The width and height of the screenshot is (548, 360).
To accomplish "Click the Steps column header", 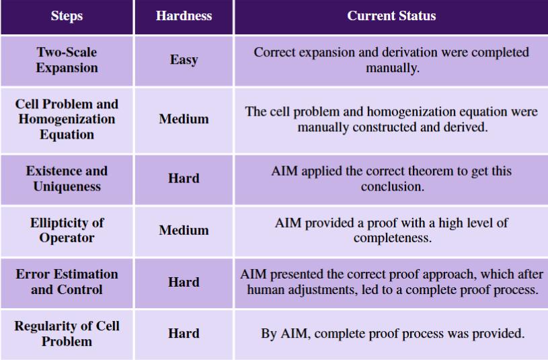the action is click(x=67, y=15).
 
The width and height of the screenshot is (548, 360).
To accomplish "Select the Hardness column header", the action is click(x=184, y=15).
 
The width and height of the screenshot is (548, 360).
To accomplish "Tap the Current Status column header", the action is click(x=391, y=15).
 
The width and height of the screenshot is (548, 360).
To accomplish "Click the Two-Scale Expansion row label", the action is click(x=67, y=60).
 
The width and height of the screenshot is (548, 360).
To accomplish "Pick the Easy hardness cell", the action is click(x=184, y=60).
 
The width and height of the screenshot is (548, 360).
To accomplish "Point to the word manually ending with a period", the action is click(x=393, y=67).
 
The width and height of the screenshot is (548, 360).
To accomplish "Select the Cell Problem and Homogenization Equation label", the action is click(x=67, y=119).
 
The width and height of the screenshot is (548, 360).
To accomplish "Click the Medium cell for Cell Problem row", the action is click(x=184, y=119).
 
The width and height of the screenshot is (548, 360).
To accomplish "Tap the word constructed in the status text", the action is click(x=383, y=127).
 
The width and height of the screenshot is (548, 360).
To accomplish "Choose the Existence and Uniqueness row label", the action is click(x=67, y=178).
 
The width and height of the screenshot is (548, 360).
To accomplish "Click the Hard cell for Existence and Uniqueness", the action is click(x=184, y=178).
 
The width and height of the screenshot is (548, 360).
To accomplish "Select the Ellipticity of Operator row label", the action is click(x=67, y=230).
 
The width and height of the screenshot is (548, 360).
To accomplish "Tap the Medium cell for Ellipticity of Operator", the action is click(x=184, y=230).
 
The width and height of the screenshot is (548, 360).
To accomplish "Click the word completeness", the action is click(x=393, y=238).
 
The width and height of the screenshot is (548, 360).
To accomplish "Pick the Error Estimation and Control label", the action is click(x=67, y=282).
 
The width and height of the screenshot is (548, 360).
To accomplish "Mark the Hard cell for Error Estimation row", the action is click(x=184, y=282).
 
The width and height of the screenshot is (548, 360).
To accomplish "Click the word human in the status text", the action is click(x=264, y=289).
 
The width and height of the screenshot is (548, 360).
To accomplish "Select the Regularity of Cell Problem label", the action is click(x=67, y=333).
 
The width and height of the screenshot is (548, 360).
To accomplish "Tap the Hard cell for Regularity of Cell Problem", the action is click(x=184, y=333).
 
